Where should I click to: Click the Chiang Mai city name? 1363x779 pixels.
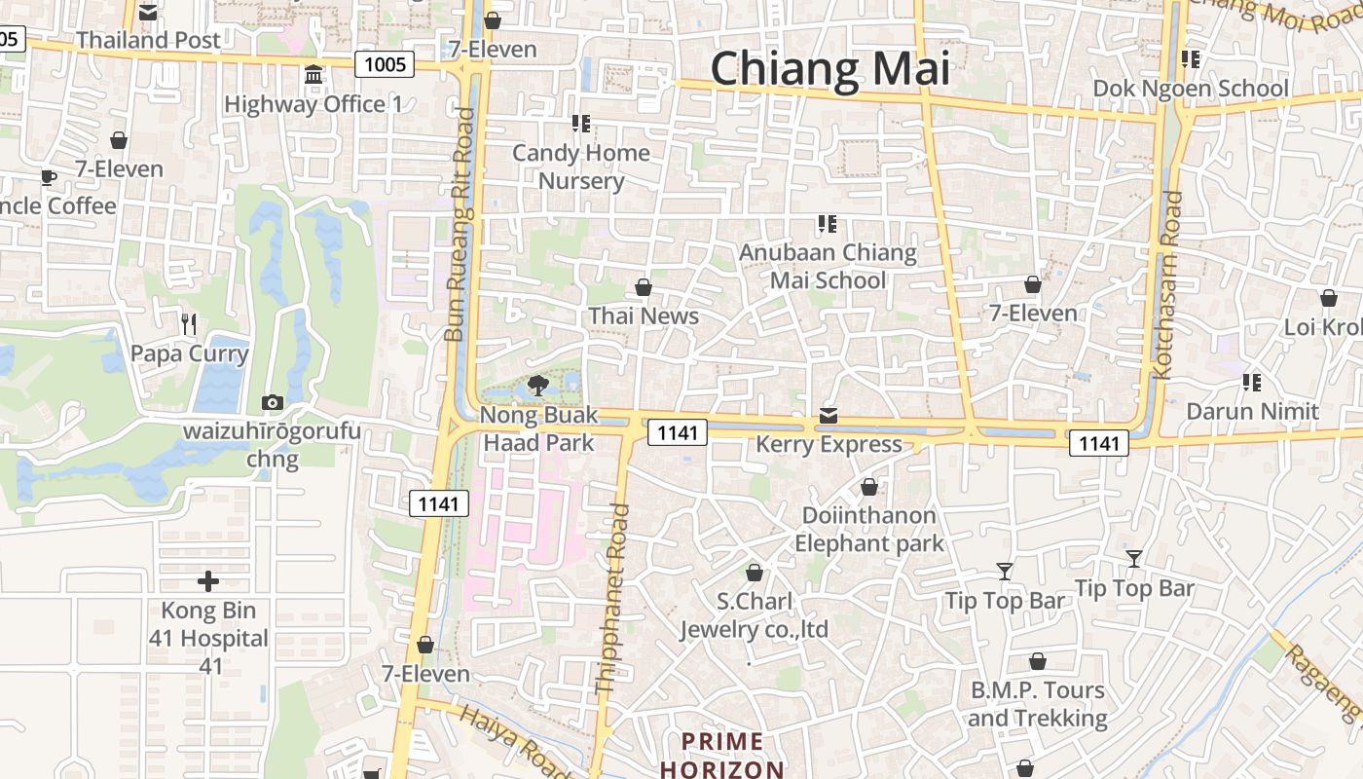pyautogui.click(x=829, y=69)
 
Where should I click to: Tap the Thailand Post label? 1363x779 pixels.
pyautogui.click(x=149, y=40)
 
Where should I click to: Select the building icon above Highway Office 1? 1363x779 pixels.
pyautogui.click(x=313, y=75)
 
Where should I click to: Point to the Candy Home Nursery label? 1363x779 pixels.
pyautogui.click(x=581, y=167)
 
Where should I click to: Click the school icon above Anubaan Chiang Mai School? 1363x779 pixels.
pyautogui.click(x=828, y=225)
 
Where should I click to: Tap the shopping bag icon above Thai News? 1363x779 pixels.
pyautogui.click(x=643, y=287)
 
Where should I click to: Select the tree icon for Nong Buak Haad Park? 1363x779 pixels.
pyautogui.click(x=537, y=386)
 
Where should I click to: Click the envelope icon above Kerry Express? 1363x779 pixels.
pyautogui.click(x=828, y=416)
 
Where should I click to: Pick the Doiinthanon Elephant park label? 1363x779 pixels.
pyautogui.click(x=869, y=529)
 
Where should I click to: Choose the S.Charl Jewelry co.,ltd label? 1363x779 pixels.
pyautogui.click(x=755, y=615)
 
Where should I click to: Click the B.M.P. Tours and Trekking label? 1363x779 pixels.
pyautogui.click(x=1038, y=704)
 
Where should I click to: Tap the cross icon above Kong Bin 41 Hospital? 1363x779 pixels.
pyautogui.click(x=208, y=582)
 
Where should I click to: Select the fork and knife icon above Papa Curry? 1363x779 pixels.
pyautogui.click(x=190, y=323)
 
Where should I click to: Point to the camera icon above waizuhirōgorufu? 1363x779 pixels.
pyautogui.click(x=273, y=403)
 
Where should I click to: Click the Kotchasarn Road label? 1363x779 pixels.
pyautogui.click(x=1166, y=284)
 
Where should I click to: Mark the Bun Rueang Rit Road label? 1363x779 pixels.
pyautogui.click(x=459, y=224)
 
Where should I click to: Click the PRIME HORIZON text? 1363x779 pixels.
pyautogui.click(x=721, y=756)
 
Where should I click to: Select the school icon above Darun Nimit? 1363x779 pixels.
pyautogui.click(x=1252, y=382)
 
